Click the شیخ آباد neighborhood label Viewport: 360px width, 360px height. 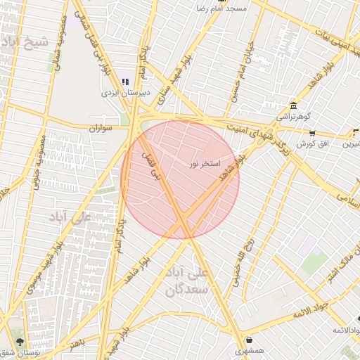(x=27, y=41)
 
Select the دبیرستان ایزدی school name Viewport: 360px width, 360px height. (x=124, y=92)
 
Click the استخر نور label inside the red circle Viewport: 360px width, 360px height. (x=205, y=164)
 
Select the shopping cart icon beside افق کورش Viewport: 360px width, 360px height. (x=312, y=134)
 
